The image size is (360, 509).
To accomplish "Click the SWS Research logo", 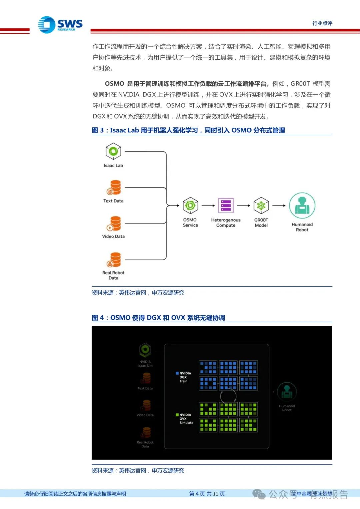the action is [x=60, y=25].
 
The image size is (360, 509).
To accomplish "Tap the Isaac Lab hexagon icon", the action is [x=113, y=151].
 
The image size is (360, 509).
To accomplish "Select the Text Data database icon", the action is [x=114, y=187].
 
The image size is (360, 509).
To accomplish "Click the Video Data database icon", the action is [x=114, y=223].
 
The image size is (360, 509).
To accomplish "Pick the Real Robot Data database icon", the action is [x=114, y=260].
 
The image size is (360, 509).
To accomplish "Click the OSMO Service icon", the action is [x=190, y=205].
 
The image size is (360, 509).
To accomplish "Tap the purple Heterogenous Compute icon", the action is [x=226, y=205].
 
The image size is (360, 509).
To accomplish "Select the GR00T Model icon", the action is [x=261, y=205].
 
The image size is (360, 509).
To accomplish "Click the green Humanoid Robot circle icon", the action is [x=302, y=206].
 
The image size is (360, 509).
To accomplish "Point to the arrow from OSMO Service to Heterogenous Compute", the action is [x=208, y=206].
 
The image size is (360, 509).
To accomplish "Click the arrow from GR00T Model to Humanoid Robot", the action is [x=279, y=206].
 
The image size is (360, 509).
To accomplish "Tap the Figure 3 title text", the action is [x=188, y=130].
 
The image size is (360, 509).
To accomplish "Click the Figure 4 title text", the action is [x=158, y=318].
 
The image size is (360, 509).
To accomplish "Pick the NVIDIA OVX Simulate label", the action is [x=185, y=419].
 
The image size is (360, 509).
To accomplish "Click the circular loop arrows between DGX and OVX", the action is [x=228, y=396].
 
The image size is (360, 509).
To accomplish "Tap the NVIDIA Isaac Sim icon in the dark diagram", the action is [x=145, y=350].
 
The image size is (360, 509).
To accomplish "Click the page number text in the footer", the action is [x=207, y=494].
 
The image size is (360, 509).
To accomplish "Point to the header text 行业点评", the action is [x=322, y=23].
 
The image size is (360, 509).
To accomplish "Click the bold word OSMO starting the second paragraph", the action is [x=114, y=84].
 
